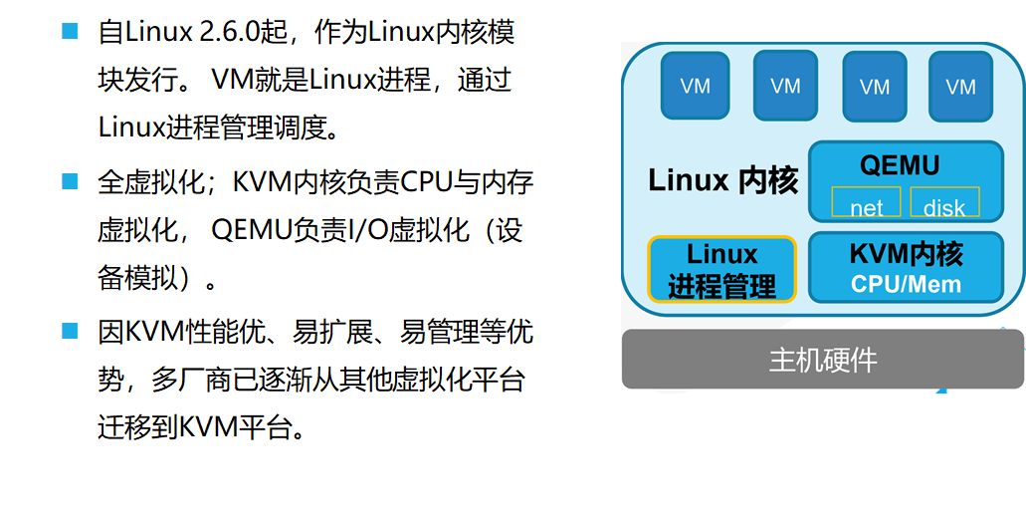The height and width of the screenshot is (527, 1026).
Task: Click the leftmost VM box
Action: pyautogui.click(x=696, y=86)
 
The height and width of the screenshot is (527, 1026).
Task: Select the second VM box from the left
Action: pyautogui.click(x=785, y=86)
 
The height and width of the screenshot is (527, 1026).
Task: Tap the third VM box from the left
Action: pyautogui.click(x=874, y=86)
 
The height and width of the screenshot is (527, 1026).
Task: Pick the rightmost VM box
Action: pyautogui.click(x=960, y=86)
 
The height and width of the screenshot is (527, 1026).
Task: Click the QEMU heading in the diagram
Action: pyautogui.click(x=900, y=164)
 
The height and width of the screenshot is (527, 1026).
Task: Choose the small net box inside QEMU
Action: pyautogui.click(x=866, y=205)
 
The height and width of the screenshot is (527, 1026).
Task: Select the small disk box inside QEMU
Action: pyautogui.click(x=944, y=205)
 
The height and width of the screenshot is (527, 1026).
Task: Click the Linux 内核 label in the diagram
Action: pyautogui.click(x=722, y=180)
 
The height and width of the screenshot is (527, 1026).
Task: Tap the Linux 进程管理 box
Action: pyautogui.click(x=721, y=269)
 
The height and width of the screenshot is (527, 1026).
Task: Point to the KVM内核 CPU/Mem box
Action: pyautogui.click(x=906, y=267)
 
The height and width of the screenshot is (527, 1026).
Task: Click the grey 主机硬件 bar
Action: pyautogui.click(x=822, y=360)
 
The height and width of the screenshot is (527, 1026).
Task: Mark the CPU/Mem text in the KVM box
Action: pyautogui.click(x=906, y=284)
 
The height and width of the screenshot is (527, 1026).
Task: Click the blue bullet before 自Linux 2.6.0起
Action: pyautogui.click(x=70, y=31)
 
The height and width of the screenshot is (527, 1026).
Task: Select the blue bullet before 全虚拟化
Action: pyautogui.click(x=70, y=181)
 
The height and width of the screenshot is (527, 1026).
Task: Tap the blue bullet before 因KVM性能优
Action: pyautogui.click(x=70, y=330)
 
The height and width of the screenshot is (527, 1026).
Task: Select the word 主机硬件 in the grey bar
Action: pyautogui.click(x=822, y=360)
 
